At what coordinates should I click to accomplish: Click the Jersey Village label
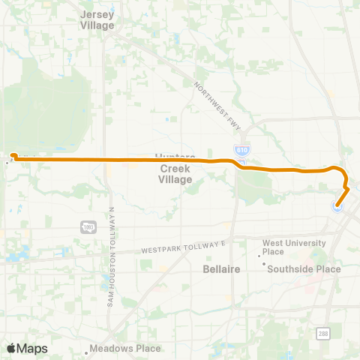coord(97,19)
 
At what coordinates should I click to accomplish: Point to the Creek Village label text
coord(175,174)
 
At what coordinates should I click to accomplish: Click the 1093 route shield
coord(88,226)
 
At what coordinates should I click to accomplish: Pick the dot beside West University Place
coord(259,256)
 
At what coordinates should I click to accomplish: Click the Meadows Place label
coord(125,348)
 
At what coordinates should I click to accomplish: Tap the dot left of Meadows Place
coord(86,348)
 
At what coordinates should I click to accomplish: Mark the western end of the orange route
coord(13,155)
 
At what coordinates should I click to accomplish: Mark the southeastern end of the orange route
coord(338,205)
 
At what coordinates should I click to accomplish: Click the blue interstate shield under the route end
coord(338,207)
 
